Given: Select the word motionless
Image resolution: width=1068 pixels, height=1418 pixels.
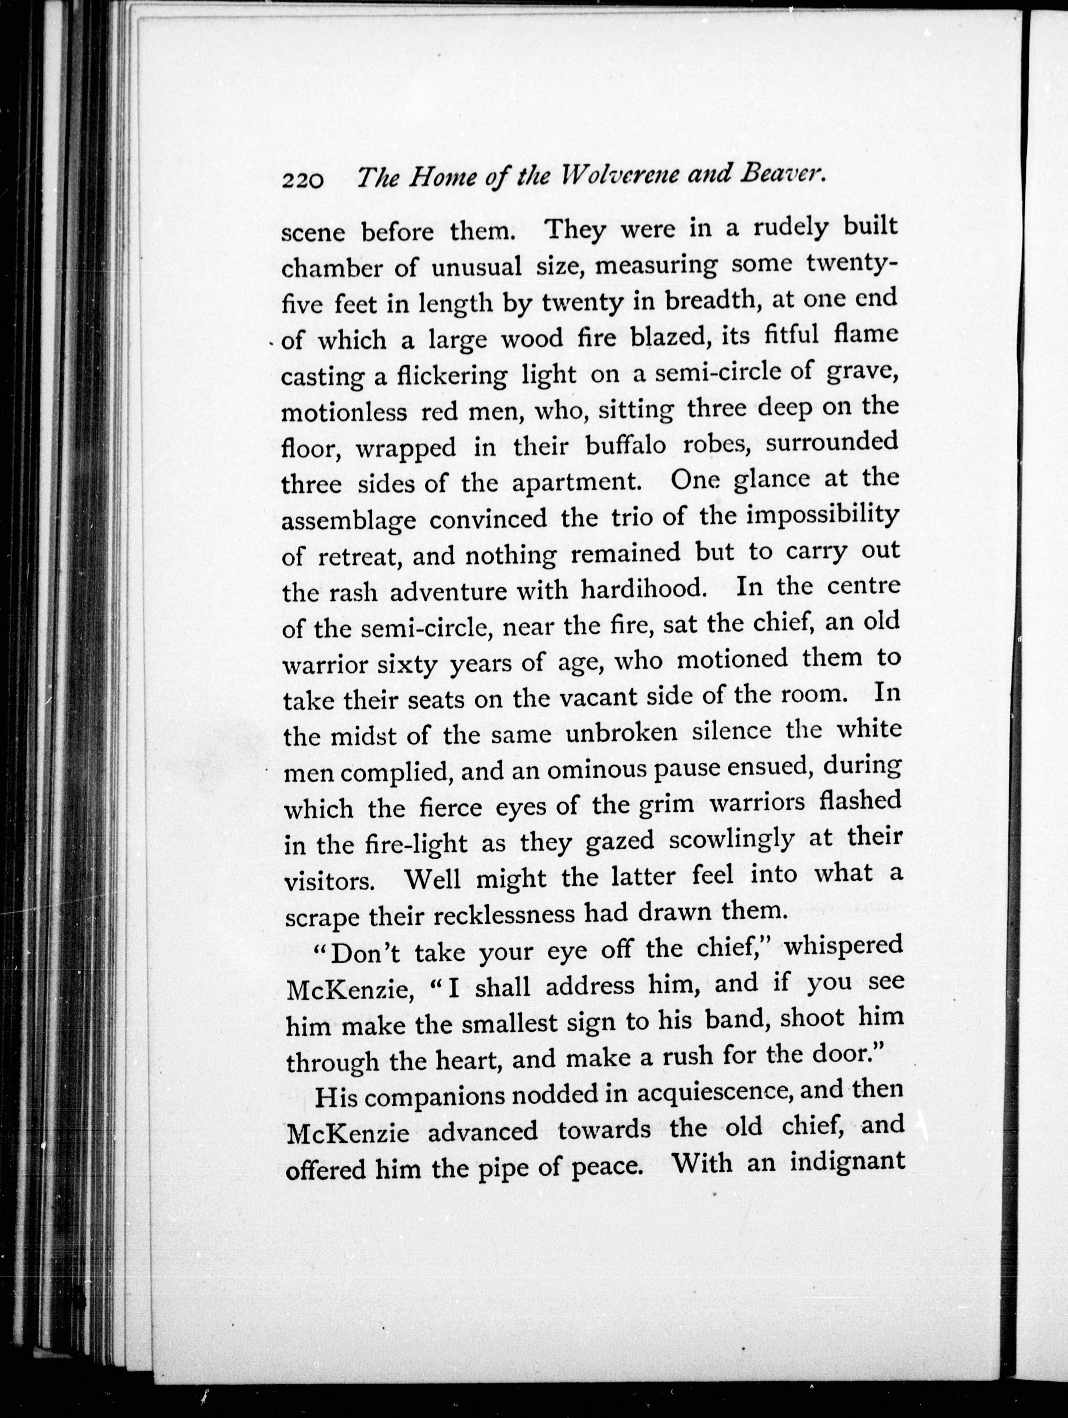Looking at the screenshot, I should pyautogui.click(x=344, y=412).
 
